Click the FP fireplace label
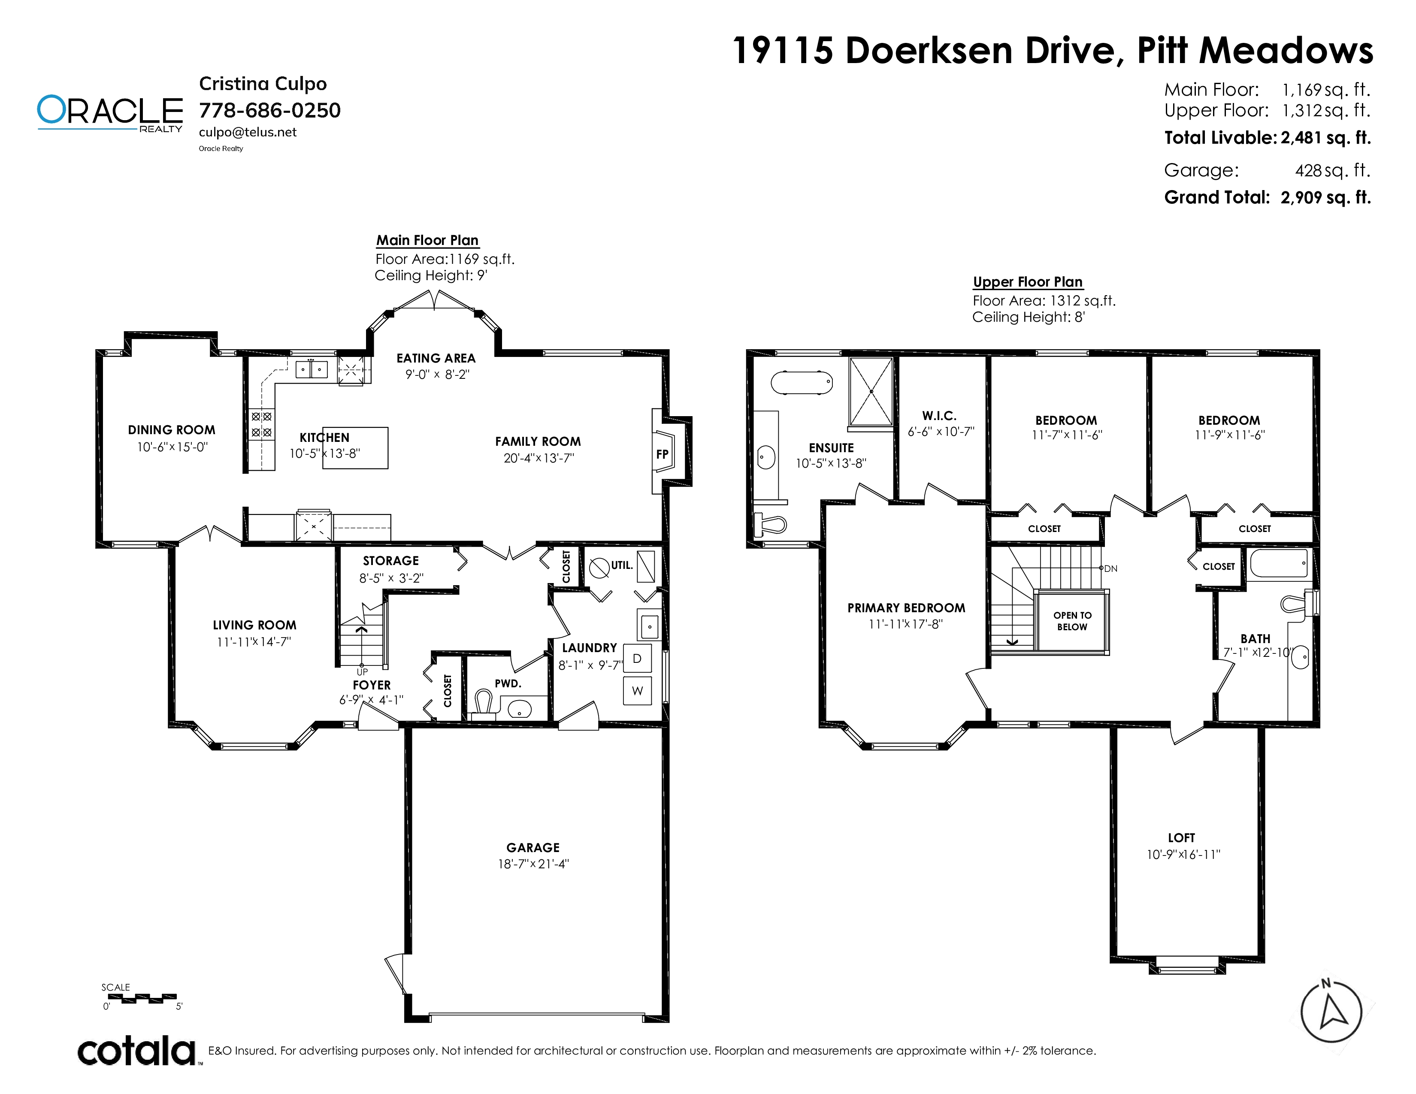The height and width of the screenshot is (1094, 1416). point(662,454)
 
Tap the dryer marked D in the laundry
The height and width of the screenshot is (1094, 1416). point(637,659)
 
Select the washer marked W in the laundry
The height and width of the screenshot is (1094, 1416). point(637,691)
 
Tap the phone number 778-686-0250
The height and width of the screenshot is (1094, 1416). point(270,110)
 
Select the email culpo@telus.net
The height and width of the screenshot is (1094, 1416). point(248,132)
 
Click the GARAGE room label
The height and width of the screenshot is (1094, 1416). point(533,848)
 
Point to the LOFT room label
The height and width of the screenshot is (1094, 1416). point(1181,838)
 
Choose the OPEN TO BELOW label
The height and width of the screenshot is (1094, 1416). point(1072,621)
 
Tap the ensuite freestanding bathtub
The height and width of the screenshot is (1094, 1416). point(802,383)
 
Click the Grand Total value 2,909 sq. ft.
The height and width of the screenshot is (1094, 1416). point(1326,198)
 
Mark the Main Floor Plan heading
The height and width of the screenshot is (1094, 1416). point(427,240)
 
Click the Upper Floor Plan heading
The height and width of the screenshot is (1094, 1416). point(1028,282)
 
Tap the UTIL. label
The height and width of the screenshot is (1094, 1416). point(622,565)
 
